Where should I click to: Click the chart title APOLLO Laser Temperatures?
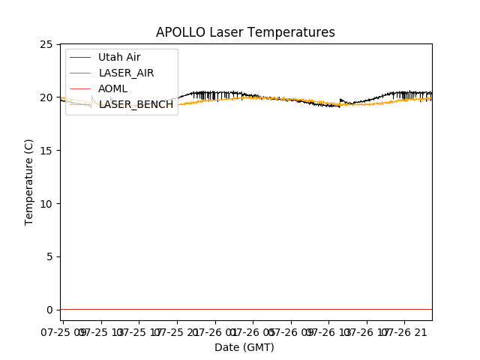tap(245, 32)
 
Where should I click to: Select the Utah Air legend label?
tap(119, 57)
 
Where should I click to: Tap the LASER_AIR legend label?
tap(126, 73)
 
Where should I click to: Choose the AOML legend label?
tap(113, 88)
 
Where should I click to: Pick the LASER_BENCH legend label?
tap(136, 104)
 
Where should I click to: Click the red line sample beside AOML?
tap(80, 88)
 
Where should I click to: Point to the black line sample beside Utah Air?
tap(80, 57)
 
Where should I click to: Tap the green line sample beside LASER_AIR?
tap(80, 73)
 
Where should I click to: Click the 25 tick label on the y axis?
tap(47, 45)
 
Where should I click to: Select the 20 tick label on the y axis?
tap(47, 97)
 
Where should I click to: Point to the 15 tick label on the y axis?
tap(47, 151)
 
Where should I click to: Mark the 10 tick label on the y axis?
tap(47, 204)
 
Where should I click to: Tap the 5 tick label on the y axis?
tap(50, 256)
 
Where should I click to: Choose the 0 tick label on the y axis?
tap(50, 310)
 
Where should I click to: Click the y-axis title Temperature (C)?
tap(28, 181)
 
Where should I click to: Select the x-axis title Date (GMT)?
tap(244, 347)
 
